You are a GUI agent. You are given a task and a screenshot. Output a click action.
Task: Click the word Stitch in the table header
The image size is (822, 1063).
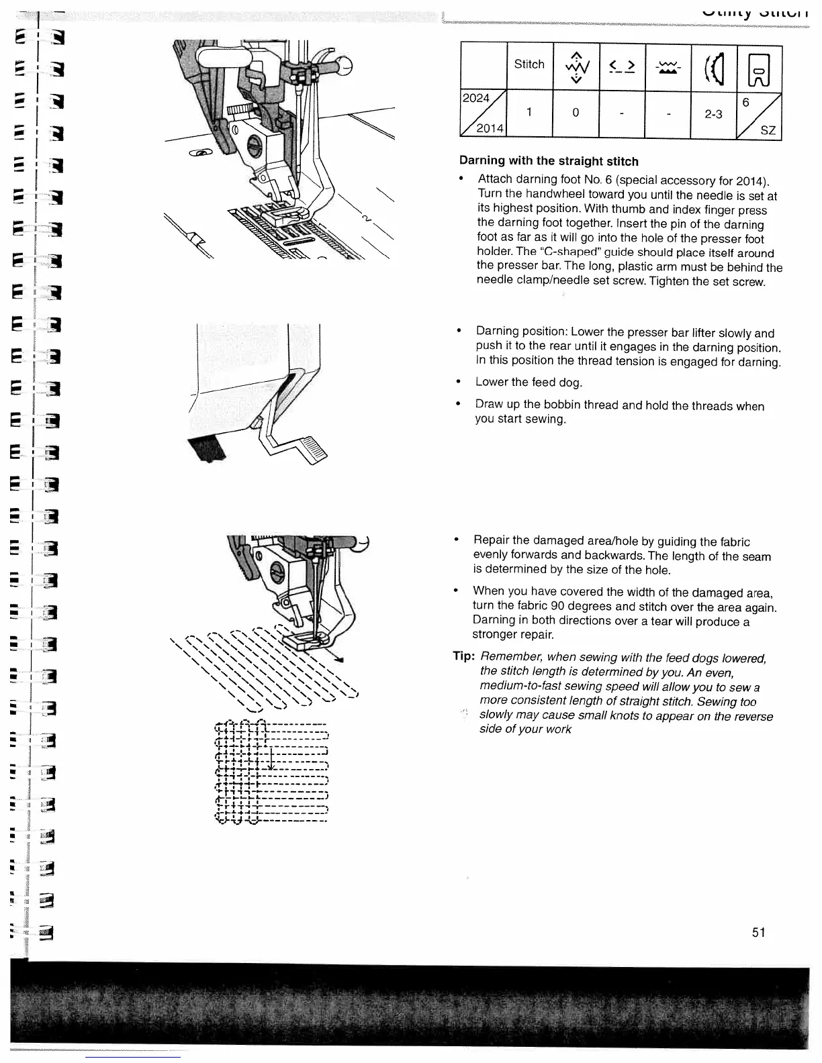(x=529, y=64)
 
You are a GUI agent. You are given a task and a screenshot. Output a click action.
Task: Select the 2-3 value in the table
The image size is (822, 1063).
(x=713, y=114)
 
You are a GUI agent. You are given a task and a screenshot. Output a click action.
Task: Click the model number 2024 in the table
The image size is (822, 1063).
(x=476, y=98)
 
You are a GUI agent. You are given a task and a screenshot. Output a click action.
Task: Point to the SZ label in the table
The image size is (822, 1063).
(x=768, y=130)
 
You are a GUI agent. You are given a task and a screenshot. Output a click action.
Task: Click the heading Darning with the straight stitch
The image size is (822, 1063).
(x=549, y=161)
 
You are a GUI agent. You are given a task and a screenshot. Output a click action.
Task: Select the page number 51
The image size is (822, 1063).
(x=759, y=932)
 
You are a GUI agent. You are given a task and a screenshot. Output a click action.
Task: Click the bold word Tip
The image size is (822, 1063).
(x=464, y=656)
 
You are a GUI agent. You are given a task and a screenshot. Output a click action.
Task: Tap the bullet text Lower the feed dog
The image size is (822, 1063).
(x=529, y=382)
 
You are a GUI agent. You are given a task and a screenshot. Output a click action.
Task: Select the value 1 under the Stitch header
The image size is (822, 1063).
(x=529, y=113)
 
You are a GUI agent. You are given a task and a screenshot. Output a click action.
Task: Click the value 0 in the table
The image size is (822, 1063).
(x=576, y=113)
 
